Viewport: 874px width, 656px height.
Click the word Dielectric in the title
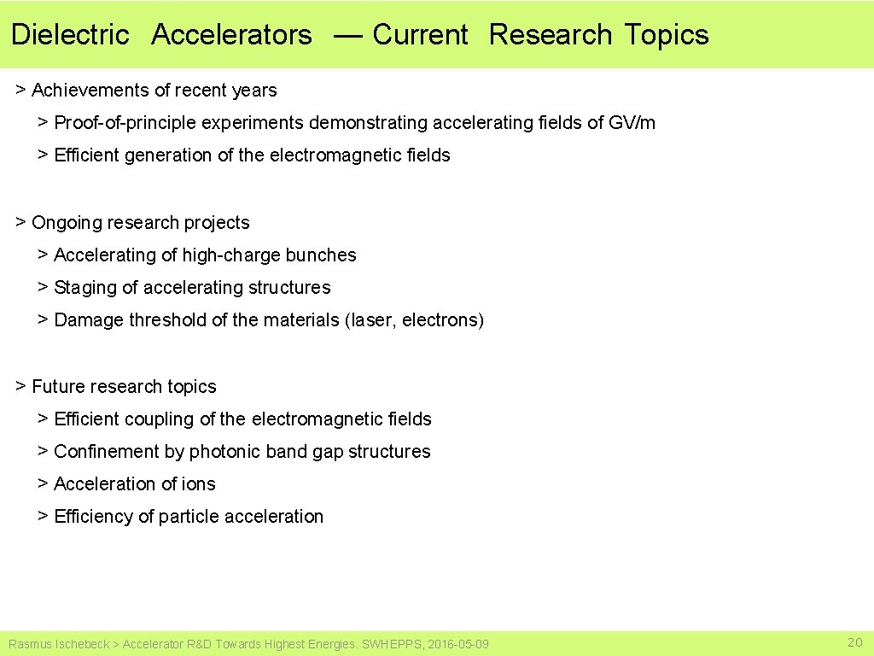pos(70,35)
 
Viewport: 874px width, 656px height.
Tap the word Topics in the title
pos(666,35)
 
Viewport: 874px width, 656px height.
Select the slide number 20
pos(854,642)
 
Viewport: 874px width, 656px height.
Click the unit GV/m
pos(632,123)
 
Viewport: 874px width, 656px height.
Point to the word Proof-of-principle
pos(125,123)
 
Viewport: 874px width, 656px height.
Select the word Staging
pos(85,288)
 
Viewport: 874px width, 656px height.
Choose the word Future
pos(58,387)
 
